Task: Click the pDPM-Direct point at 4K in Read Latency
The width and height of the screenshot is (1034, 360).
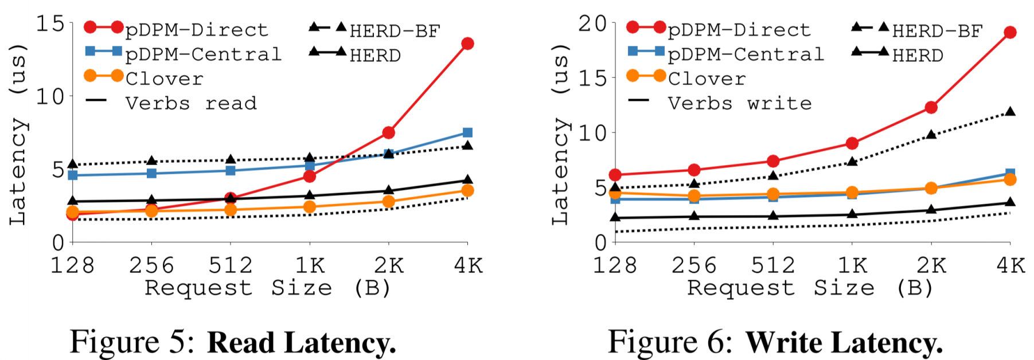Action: (x=467, y=44)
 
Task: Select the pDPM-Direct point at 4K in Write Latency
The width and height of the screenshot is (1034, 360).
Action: (x=1010, y=33)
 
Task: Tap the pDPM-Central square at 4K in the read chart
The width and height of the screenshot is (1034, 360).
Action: (x=467, y=133)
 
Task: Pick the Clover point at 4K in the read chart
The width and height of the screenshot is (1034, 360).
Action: (x=467, y=190)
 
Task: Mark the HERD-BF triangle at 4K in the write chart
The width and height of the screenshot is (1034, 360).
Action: (x=1010, y=112)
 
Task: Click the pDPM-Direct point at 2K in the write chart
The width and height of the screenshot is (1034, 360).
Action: (x=931, y=108)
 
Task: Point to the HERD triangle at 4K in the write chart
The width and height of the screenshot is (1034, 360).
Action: (x=1010, y=202)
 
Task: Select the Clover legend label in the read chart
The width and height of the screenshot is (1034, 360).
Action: (x=164, y=79)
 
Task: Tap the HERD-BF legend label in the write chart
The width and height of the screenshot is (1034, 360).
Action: (x=937, y=30)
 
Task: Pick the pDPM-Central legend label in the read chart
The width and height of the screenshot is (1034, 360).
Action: (x=203, y=54)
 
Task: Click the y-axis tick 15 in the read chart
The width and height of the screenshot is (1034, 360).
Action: (x=50, y=24)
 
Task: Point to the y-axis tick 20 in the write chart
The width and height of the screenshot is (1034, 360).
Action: (x=592, y=24)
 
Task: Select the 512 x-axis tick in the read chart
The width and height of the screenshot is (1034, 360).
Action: (x=230, y=265)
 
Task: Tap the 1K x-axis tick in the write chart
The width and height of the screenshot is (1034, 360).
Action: (x=852, y=265)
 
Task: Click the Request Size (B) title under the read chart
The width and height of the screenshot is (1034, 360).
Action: (x=267, y=288)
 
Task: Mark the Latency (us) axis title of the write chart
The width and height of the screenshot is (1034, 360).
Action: (x=560, y=133)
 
